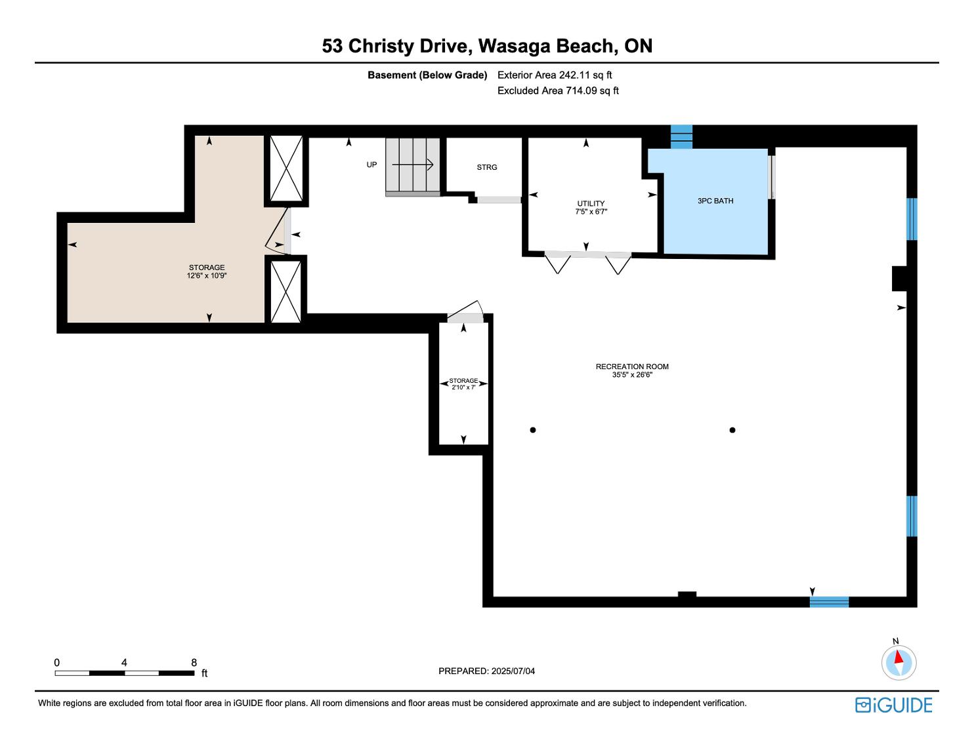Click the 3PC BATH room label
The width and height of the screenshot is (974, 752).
[x=715, y=201]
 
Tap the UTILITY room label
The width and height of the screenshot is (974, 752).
[x=591, y=203]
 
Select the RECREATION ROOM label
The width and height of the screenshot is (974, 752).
[x=632, y=366]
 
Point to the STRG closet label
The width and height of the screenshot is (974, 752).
[x=487, y=167]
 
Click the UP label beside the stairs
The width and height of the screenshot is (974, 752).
[x=371, y=165]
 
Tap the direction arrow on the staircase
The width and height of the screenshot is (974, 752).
[x=413, y=165]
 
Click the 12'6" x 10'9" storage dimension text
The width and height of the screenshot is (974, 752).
[x=207, y=276]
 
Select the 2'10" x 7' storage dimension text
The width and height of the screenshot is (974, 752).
[x=463, y=387]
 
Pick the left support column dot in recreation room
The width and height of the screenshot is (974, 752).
[x=533, y=430]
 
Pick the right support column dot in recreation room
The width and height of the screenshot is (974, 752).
[x=732, y=430]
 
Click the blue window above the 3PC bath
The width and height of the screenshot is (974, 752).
[x=681, y=137]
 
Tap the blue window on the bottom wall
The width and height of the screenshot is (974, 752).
[x=829, y=602]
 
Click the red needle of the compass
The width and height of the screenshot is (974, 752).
[x=899, y=657]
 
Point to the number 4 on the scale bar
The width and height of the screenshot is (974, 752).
[x=124, y=662]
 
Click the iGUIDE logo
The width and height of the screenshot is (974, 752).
[x=894, y=705]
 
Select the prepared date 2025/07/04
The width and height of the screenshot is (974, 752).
[x=513, y=671]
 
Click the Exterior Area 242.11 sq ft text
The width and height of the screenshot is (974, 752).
[x=555, y=75]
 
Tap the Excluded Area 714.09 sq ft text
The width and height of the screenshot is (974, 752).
[x=558, y=91]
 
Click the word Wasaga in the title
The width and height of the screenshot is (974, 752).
[x=515, y=47]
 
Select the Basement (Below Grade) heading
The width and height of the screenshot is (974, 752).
[x=427, y=75]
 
